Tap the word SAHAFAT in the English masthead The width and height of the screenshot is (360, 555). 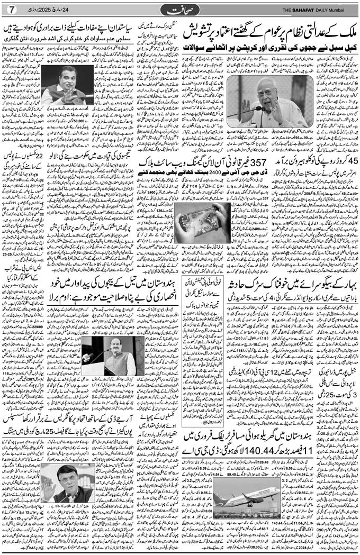[300, 9]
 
